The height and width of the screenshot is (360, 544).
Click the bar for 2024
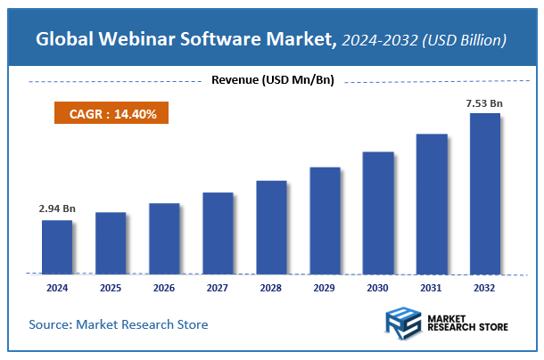(56, 247)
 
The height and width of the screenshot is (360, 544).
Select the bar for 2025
(110, 242)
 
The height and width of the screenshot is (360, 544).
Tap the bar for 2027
(217, 233)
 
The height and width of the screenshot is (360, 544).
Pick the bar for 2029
(325, 220)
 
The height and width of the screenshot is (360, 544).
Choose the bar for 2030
(378, 212)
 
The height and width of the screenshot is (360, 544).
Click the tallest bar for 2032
(485, 193)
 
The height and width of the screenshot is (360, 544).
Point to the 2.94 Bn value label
(57, 208)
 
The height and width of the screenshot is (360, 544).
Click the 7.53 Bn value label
(484, 103)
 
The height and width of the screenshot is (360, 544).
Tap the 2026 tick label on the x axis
(164, 289)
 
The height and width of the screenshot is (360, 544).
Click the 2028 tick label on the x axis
(271, 289)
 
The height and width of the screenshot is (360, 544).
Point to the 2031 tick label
(432, 289)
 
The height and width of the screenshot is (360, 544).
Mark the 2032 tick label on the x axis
(485, 289)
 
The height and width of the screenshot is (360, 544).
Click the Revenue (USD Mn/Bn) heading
(272, 81)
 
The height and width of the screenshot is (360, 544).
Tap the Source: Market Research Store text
(119, 324)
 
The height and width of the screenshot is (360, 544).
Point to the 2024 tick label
(56, 289)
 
